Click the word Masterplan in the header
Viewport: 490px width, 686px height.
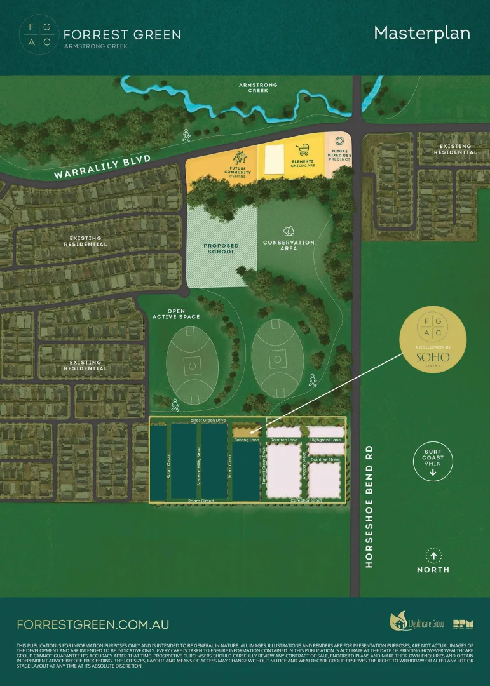[x=422, y=34]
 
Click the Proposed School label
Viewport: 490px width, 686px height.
[x=221, y=248]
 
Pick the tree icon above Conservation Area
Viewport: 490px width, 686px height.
[x=289, y=231]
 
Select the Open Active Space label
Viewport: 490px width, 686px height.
[x=176, y=314]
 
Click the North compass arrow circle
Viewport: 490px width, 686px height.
[x=433, y=556]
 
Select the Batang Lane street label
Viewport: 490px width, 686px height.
[x=247, y=440]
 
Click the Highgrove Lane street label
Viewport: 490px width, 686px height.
[x=325, y=440]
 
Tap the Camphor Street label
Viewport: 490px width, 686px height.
[x=306, y=501]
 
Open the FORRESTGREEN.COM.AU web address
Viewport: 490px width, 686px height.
[x=93, y=624]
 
